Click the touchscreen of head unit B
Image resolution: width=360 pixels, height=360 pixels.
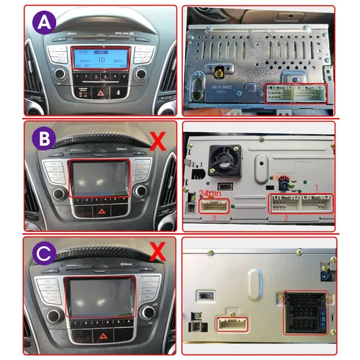100,178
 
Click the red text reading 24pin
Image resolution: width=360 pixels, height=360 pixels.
210,194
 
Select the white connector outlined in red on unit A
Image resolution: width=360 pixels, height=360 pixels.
295,94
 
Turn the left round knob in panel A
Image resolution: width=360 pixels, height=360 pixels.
60,74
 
